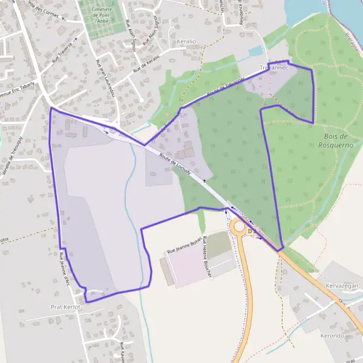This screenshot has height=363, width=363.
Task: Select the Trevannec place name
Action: pyautogui.click(x=273, y=68)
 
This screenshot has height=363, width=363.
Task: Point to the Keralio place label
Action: pyautogui.click(x=186, y=42)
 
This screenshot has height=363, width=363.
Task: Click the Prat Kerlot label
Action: pyautogui.click(x=66, y=307)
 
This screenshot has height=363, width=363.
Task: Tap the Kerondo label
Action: pyautogui.click(x=332, y=336)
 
